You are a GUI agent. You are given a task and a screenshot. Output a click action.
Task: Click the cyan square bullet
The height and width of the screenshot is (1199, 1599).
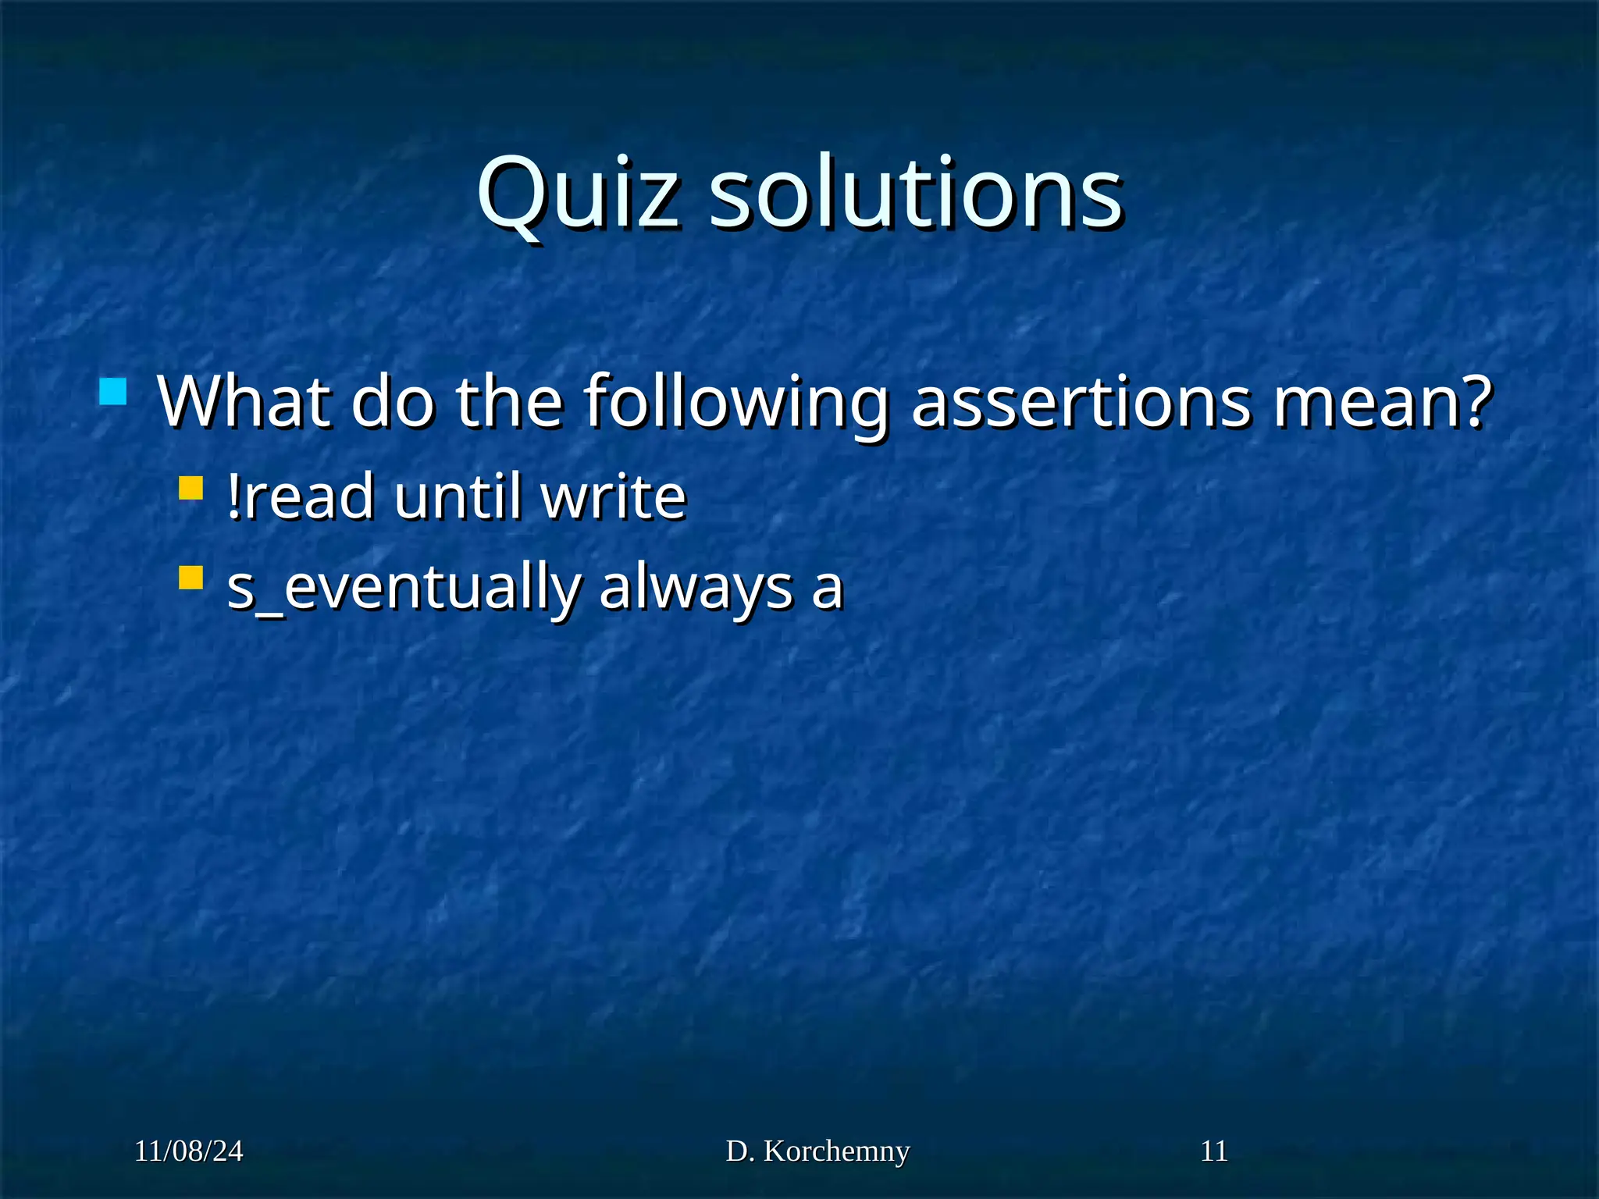[x=113, y=392]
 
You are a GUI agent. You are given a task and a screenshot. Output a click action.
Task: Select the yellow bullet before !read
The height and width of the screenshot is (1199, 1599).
[x=191, y=489]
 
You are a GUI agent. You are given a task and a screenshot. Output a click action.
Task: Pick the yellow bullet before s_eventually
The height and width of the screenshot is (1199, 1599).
[x=191, y=578]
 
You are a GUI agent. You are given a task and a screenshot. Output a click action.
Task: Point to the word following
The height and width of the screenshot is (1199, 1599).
[x=737, y=404]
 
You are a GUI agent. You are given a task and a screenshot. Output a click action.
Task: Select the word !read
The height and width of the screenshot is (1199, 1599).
[x=300, y=496]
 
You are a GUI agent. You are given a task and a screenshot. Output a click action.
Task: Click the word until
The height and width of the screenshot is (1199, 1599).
[x=458, y=496]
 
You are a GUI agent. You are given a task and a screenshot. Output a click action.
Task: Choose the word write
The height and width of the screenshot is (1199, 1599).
[x=614, y=496]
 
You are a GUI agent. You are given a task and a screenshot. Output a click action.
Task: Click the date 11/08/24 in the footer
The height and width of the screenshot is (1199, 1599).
[x=189, y=1151]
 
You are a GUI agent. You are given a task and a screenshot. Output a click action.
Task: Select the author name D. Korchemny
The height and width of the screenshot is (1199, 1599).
[x=817, y=1151]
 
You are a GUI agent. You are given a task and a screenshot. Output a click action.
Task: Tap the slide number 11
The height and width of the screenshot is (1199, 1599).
[x=1213, y=1151]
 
